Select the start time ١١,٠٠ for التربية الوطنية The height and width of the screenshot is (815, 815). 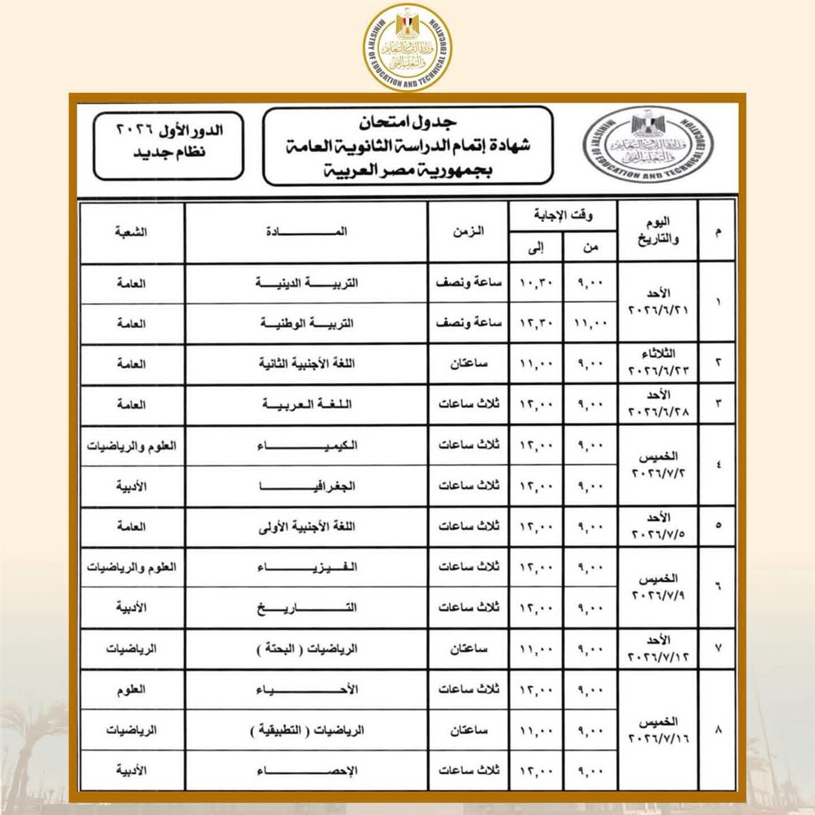click(x=589, y=325)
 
